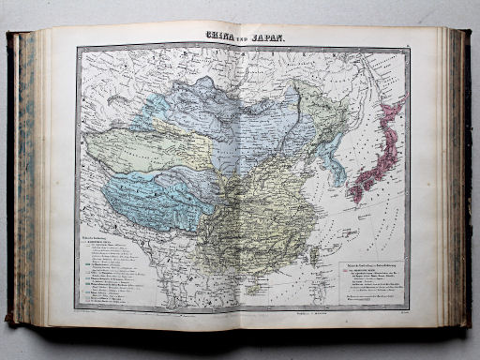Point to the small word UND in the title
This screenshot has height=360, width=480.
(x=242, y=39)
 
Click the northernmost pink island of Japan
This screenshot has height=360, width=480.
(x=395, y=107)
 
